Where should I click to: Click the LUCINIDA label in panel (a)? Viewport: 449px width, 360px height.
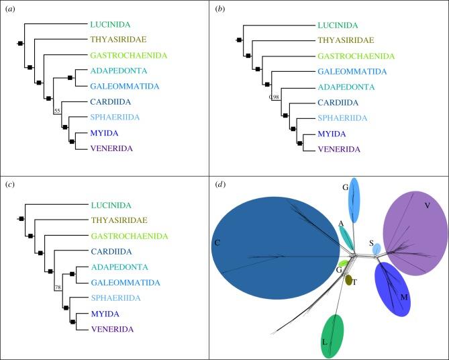click(x=112, y=24)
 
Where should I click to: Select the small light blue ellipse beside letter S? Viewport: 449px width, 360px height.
click(x=377, y=249)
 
